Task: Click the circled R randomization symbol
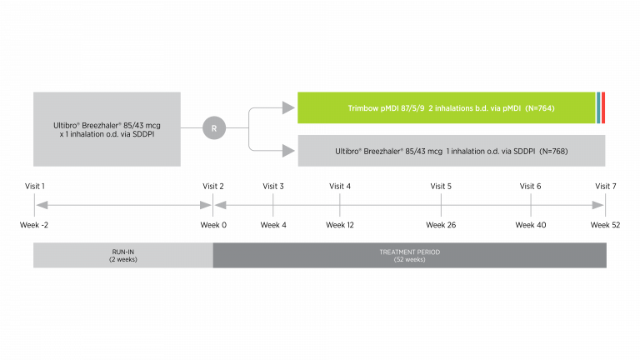pyautogui.click(x=213, y=128)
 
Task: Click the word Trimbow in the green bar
pyautogui.click(x=364, y=108)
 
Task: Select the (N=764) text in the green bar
pyautogui.click(x=534, y=108)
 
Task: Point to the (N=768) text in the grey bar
pyautogui.click(x=547, y=151)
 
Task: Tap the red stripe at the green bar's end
pyautogui.click(x=603, y=108)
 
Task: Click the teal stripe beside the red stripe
pyautogui.click(x=598, y=108)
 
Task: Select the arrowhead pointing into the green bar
pyautogui.click(x=289, y=108)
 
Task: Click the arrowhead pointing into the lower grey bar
pyautogui.click(x=289, y=151)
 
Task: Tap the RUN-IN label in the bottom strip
pyautogui.click(x=123, y=252)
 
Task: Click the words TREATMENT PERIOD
pyautogui.click(x=409, y=252)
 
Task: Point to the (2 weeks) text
pyautogui.click(x=123, y=259)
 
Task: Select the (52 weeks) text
pyautogui.click(x=409, y=259)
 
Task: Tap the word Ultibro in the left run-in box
pyautogui.click(x=66, y=125)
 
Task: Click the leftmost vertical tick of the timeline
pyautogui.click(x=34, y=205)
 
